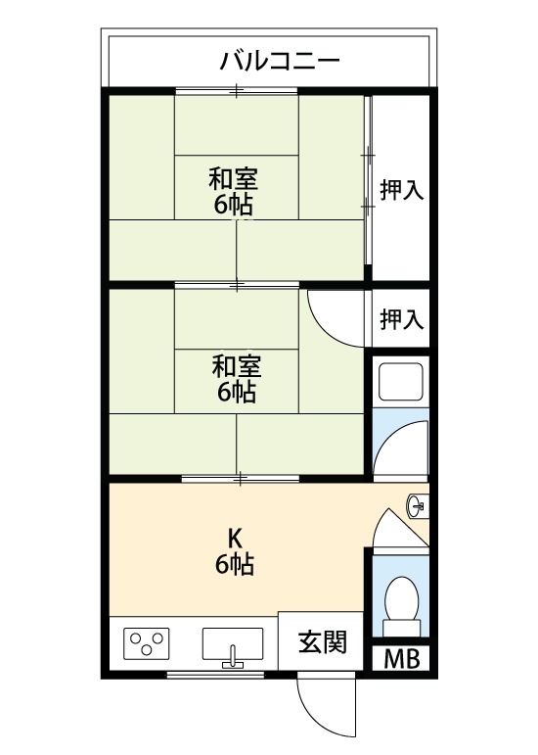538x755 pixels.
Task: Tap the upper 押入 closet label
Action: pyautogui.click(x=401, y=190)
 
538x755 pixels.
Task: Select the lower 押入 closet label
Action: pyautogui.click(x=401, y=318)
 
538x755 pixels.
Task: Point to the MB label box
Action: pyautogui.click(x=400, y=659)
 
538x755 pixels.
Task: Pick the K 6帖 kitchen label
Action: pyautogui.click(x=235, y=551)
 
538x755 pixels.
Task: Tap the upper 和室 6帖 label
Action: pyautogui.click(x=235, y=191)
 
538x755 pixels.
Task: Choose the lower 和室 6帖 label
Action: pyautogui.click(x=235, y=379)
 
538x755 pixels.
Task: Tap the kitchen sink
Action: pyautogui.click(x=233, y=644)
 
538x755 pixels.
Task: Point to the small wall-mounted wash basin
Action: pyautogui.click(x=416, y=506)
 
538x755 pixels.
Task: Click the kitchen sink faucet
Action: pyautogui.click(x=233, y=656)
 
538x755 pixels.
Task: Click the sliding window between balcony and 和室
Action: pyautogui.click(x=237, y=90)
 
